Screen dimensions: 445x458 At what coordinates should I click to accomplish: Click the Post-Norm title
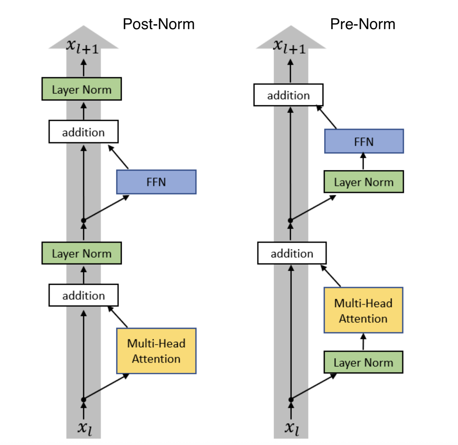pos(159,24)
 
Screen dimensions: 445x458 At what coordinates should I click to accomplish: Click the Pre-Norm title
pos(362,24)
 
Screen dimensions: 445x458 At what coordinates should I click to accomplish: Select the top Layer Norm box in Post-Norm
pos(82,89)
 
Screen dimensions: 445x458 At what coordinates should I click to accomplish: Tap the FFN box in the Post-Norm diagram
pos(156,182)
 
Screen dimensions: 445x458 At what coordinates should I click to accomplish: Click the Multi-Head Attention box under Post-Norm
pos(156,351)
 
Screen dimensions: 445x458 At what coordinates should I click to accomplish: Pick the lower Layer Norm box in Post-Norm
pos(82,253)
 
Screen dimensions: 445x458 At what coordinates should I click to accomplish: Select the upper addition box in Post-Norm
pos(84,132)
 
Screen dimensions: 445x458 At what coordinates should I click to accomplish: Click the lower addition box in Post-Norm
pos(84,295)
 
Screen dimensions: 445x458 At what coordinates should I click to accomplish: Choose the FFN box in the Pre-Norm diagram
pos(364,141)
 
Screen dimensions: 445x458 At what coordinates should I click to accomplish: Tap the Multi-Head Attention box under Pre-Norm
pos(363,310)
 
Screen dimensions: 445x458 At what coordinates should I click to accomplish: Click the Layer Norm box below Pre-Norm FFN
pos(364,182)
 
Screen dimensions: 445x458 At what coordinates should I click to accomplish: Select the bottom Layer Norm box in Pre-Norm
pos(363,362)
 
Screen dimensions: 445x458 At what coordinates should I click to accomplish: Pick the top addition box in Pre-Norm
pos(288,95)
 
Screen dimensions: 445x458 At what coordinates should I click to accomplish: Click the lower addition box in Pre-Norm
pos(292,253)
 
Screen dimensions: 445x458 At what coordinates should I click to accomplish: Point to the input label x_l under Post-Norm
pos(84,428)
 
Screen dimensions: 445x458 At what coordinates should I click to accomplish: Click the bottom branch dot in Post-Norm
pos(84,399)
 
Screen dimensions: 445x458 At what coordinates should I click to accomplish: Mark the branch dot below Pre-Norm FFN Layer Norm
pos(290,220)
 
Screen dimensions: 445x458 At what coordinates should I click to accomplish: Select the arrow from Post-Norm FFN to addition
pos(118,157)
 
